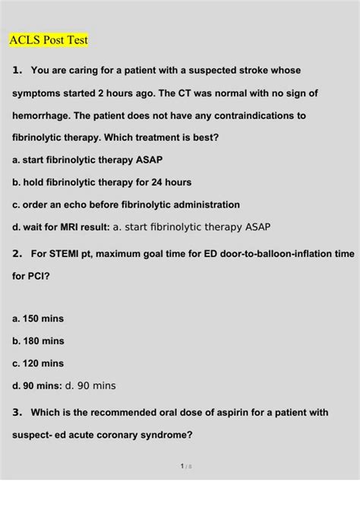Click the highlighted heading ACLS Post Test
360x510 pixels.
tap(49, 39)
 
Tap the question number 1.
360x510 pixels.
tap(17, 71)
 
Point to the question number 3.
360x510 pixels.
tap(17, 413)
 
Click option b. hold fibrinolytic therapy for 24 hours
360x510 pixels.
tap(103, 182)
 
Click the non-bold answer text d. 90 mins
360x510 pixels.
tap(91, 385)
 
